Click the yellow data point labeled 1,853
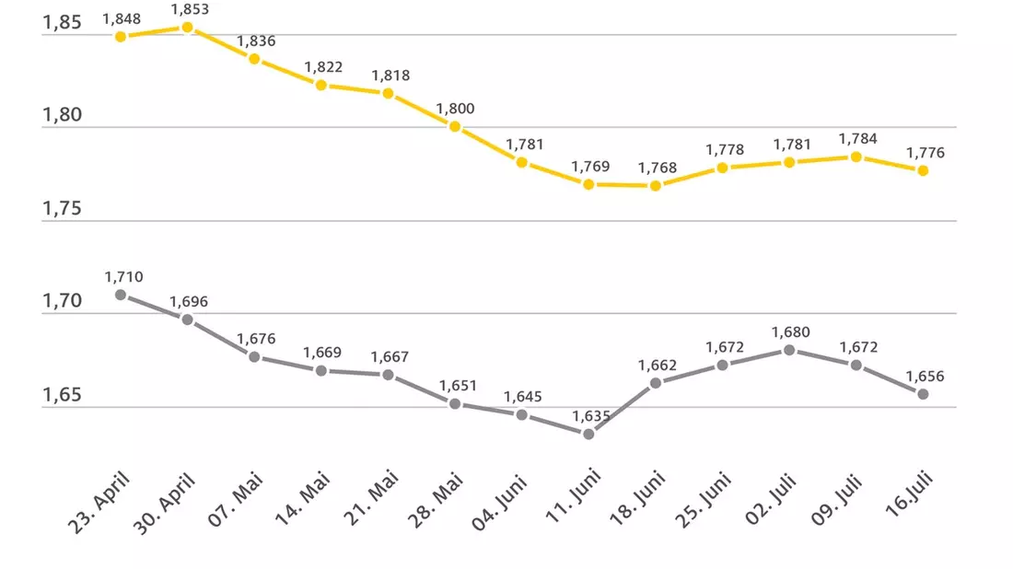click(x=187, y=27)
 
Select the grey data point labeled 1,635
click(x=588, y=434)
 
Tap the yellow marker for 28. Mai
click(x=455, y=126)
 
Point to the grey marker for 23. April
click(x=121, y=296)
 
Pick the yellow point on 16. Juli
click(x=923, y=170)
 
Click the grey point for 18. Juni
click(x=656, y=383)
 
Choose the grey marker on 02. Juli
click(x=789, y=350)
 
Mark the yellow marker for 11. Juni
click(x=588, y=185)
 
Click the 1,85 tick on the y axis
click(x=62, y=23)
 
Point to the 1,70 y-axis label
click(x=62, y=301)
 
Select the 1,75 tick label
click(x=62, y=209)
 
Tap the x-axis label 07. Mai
click(x=235, y=499)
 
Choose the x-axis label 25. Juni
click(x=703, y=501)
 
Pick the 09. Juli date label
click(x=836, y=500)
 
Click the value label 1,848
click(x=122, y=19)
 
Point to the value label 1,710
click(x=124, y=277)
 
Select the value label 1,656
click(x=926, y=377)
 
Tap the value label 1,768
click(x=658, y=168)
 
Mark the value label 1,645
click(x=523, y=397)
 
